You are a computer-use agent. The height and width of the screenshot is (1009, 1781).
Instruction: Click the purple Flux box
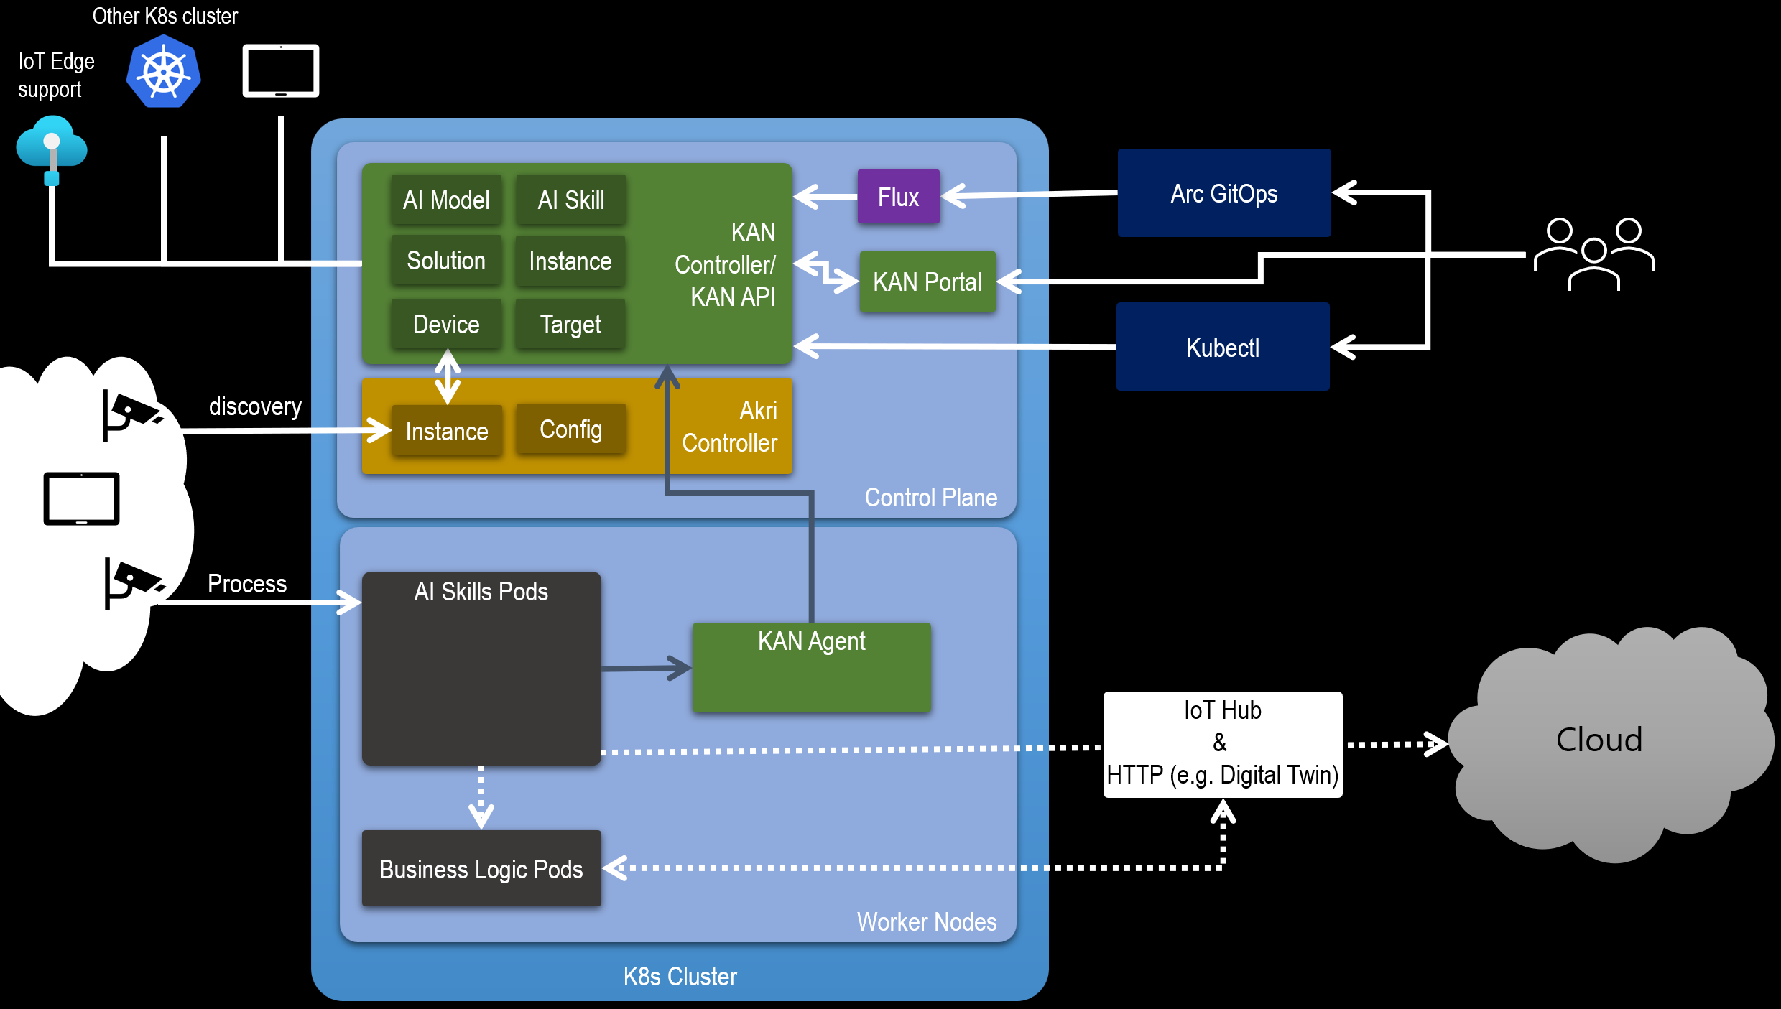[x=898, y=197]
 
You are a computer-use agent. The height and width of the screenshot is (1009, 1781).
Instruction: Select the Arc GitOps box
[x=1224, y=193]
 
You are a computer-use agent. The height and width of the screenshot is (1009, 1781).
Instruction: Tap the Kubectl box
[x=1223, y=347]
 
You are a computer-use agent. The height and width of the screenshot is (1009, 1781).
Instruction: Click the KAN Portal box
[x=927, y=282]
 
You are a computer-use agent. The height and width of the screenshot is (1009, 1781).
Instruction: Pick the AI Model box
[x=446, y=200]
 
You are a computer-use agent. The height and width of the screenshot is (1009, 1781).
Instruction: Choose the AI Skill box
[x=570, y=200]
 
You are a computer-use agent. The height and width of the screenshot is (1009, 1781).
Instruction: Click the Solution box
[x=446, y=261]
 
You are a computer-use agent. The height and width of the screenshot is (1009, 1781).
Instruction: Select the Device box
[x=446, y=324]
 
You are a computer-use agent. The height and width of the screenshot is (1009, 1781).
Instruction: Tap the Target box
[x=570, y=324]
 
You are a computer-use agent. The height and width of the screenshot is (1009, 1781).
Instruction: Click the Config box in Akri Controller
[x=570, y=429]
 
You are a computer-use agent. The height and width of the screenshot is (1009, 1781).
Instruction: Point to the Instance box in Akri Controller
[x=446, y=430]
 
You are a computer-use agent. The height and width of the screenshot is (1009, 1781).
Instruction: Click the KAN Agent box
[x=811, y=667]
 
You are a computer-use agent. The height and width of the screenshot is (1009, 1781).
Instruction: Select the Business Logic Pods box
[x=481, y=868]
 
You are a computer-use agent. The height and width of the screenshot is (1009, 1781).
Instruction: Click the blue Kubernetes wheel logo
[x=164, y=71]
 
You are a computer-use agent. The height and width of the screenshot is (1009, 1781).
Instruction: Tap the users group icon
[x=1593, y=254]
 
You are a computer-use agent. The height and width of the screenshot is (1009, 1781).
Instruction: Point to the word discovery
[x=255, y=406]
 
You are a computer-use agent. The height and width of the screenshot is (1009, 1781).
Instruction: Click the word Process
[x=247, y=583]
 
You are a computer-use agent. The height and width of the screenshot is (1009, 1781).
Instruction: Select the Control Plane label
[x=930, y=497]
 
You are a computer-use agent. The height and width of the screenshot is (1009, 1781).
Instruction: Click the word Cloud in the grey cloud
[x=1599, y=739]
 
